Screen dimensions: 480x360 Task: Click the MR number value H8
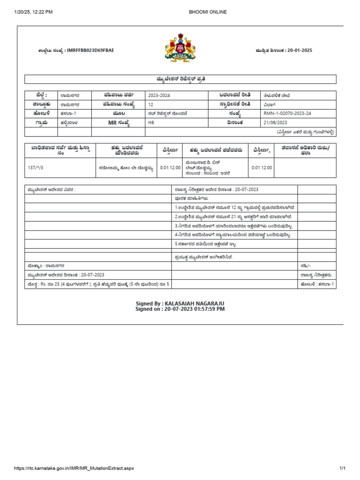151,122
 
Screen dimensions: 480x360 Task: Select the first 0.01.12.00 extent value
170,167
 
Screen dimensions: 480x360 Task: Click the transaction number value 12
150,104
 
